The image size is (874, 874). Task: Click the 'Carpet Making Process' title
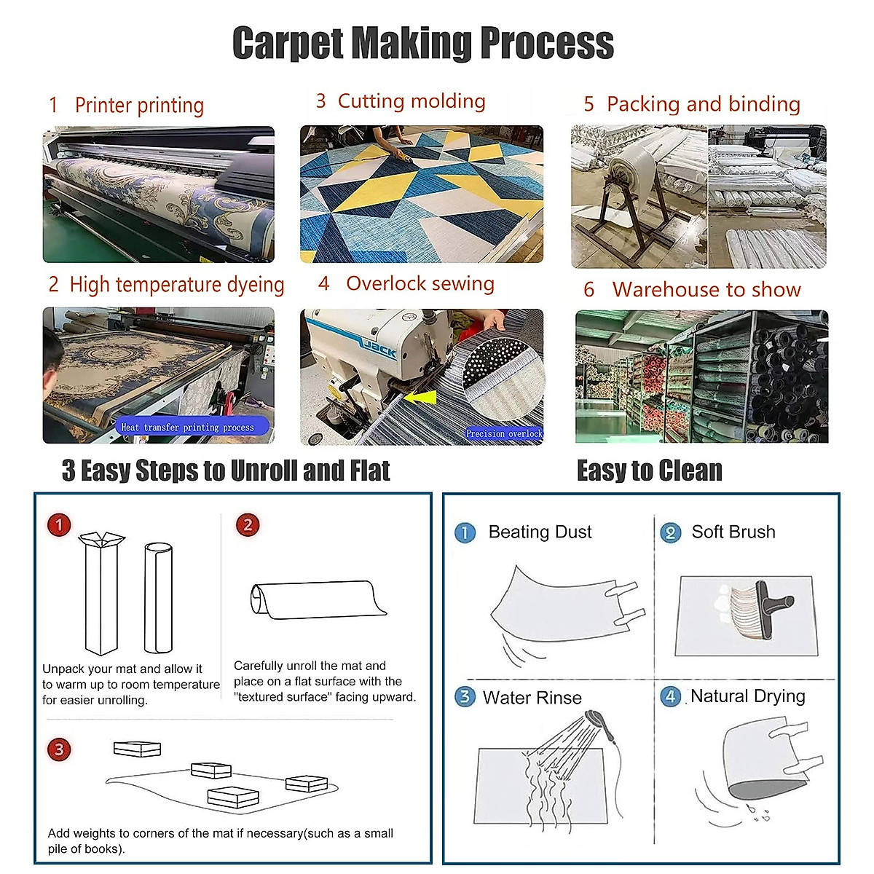423,44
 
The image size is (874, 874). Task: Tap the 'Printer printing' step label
139,106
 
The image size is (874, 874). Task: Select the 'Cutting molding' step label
412,101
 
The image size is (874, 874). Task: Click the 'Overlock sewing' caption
420,283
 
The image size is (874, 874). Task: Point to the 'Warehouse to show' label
706,290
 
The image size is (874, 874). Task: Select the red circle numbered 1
59,524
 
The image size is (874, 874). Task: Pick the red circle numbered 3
59,749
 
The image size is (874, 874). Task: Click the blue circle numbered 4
670,696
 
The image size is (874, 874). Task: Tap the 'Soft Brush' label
733,532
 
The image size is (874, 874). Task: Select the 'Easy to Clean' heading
649,471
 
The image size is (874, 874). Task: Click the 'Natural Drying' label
747,696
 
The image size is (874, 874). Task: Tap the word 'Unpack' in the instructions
62,669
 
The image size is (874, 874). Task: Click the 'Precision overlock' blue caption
504,433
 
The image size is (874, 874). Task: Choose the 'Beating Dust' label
540,532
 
